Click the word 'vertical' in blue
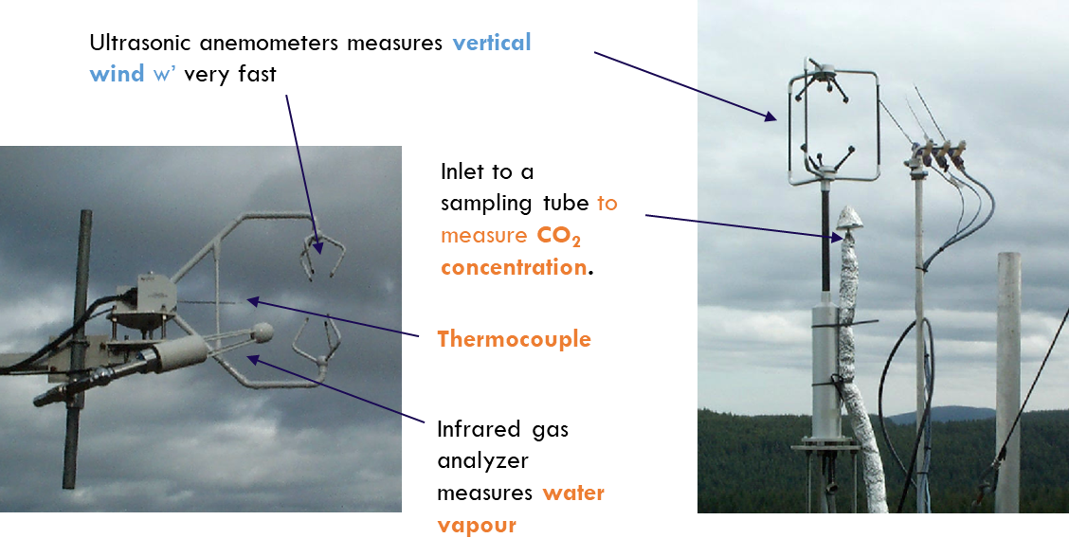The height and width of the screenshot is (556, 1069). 491,43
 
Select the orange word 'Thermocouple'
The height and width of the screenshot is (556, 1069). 514,339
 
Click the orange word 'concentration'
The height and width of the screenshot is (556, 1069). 514,267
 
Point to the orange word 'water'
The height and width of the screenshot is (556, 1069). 572,493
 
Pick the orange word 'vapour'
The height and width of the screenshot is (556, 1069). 477,526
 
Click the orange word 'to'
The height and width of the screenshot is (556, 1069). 607,203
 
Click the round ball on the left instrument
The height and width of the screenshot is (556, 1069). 263,332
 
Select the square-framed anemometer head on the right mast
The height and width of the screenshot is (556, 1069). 833,123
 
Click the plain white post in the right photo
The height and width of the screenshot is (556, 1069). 1007,379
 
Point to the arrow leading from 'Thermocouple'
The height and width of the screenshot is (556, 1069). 332,319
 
